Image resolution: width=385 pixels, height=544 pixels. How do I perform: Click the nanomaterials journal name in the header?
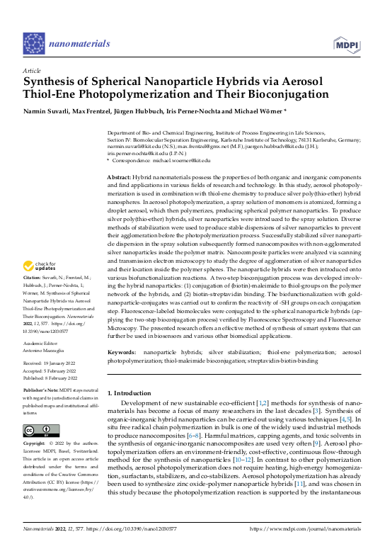[x=77, y=43]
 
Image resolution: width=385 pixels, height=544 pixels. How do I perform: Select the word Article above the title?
[x=32, y=72]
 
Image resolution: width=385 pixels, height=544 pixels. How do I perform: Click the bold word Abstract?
[x=118, y=176]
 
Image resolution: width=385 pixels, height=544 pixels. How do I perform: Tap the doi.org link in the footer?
[x=152, y=528]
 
